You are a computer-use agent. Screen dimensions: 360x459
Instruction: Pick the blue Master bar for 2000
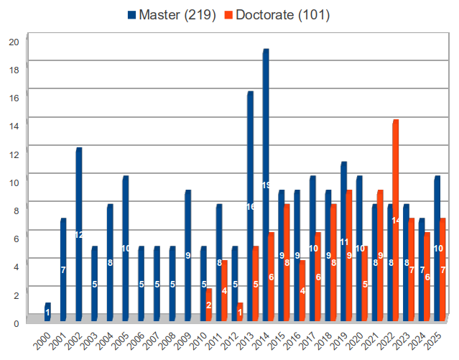pyautogui.click(x=47, y=312)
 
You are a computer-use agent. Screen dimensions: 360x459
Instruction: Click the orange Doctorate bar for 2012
pyautogui.click(x=240, y=312)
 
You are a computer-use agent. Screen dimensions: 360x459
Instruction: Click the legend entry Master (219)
pyautogui.click(x=172, y=14)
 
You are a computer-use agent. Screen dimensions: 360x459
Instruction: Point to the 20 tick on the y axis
pyautogui.click(x=14, y=41)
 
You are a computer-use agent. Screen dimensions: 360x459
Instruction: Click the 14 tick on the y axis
pyautogui.click(x=14, y=124)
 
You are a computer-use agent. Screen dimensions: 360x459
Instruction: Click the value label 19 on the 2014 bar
pyautogui.click(x=265, y=185)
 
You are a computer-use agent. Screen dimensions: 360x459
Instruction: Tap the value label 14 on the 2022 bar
pyautogui.click(x=396, y=220)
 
